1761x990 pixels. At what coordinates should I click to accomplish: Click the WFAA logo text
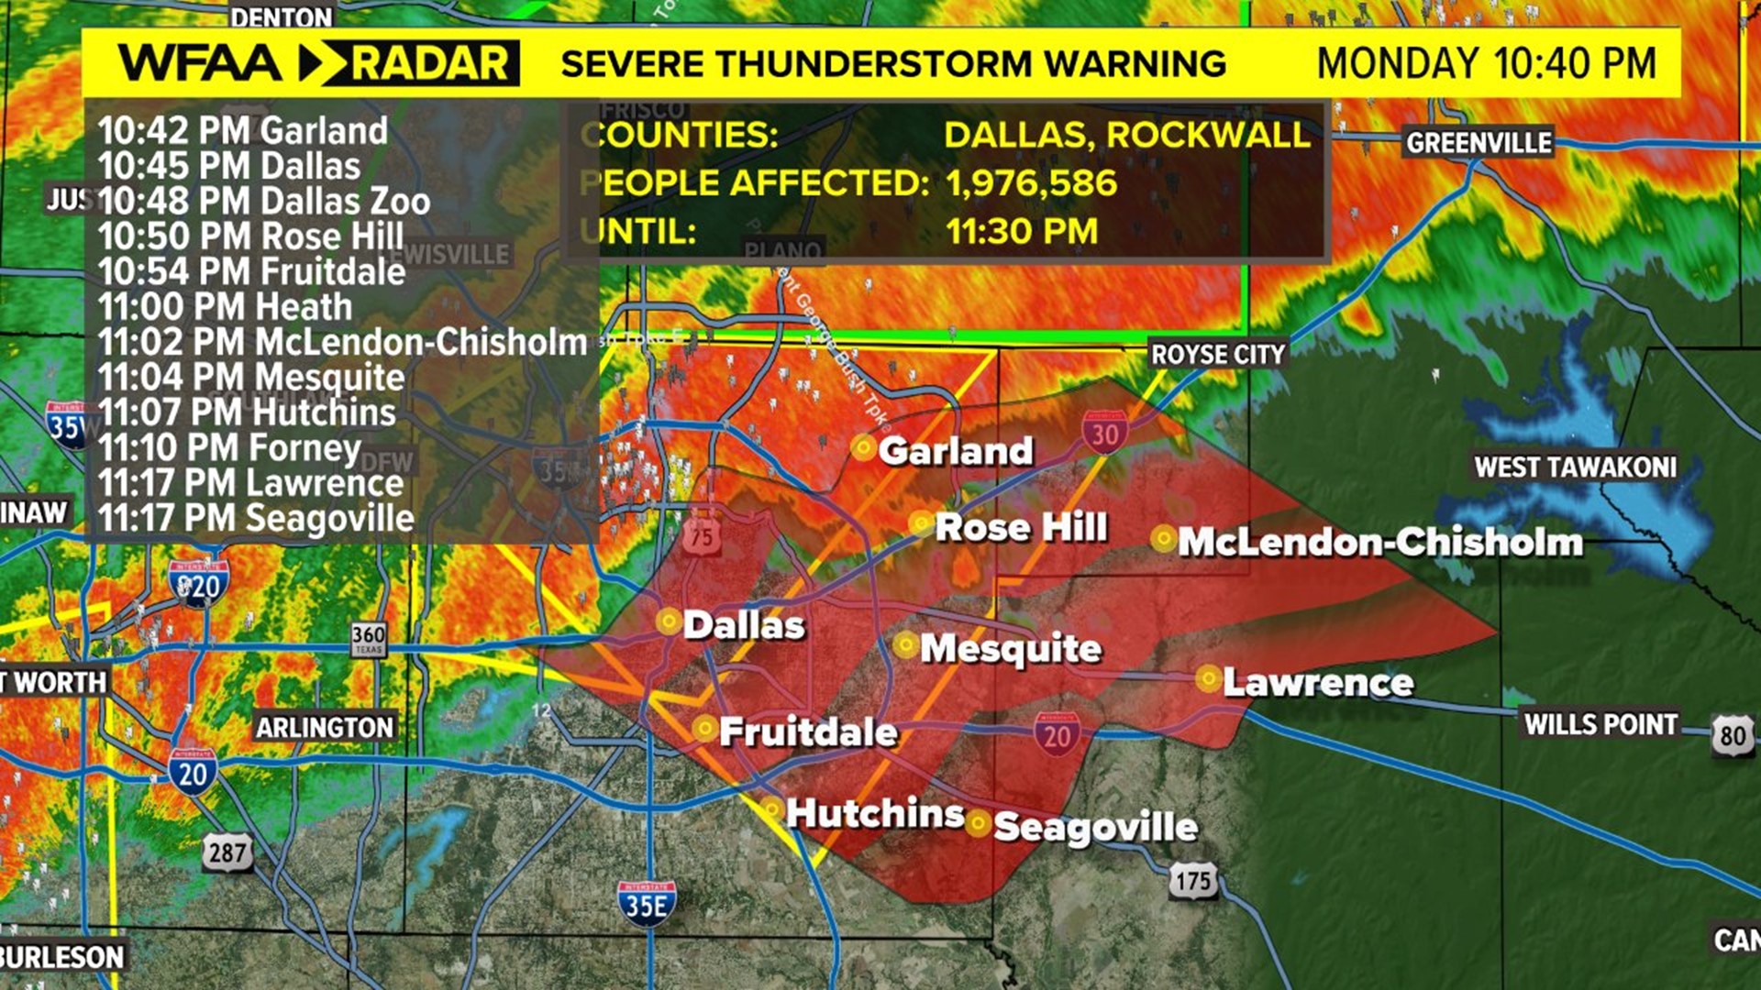click(x=200, y=63)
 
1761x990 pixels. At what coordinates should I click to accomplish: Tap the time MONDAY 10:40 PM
click(x=1486, y=63)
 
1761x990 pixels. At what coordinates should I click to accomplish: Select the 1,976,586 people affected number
click(x=1031, y=183)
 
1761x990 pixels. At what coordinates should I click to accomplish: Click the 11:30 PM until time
click(x=1022, y=231)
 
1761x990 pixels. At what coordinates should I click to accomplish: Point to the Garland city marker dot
click(x=863, y=447)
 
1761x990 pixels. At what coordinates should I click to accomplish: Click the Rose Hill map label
click(x=1021, y=527)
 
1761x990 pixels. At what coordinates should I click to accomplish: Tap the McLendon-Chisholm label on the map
click(x=1379, y=542)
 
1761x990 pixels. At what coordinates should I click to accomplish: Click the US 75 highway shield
click(x=702, y=536)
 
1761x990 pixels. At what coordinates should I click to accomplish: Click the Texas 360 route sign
click(x=369, y=639)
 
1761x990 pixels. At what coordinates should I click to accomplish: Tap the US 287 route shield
click(x=227, y=853)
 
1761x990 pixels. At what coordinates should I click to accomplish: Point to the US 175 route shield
click(x=1193, y=881)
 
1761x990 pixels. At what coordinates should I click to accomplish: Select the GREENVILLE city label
click(x=1479, y=143)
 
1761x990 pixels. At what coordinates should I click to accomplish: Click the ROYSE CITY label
click(x=1217, y=355)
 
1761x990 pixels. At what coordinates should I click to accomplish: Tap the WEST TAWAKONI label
click(x=1574, y=467)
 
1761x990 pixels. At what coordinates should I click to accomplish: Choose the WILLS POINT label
click(x=1600, y=724)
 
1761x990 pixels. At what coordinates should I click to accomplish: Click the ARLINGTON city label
click(x=324, y=728)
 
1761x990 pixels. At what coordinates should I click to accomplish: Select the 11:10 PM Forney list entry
click(x=229, y=448)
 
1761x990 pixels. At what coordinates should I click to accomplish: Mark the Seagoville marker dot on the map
click(x=978, y=823)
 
